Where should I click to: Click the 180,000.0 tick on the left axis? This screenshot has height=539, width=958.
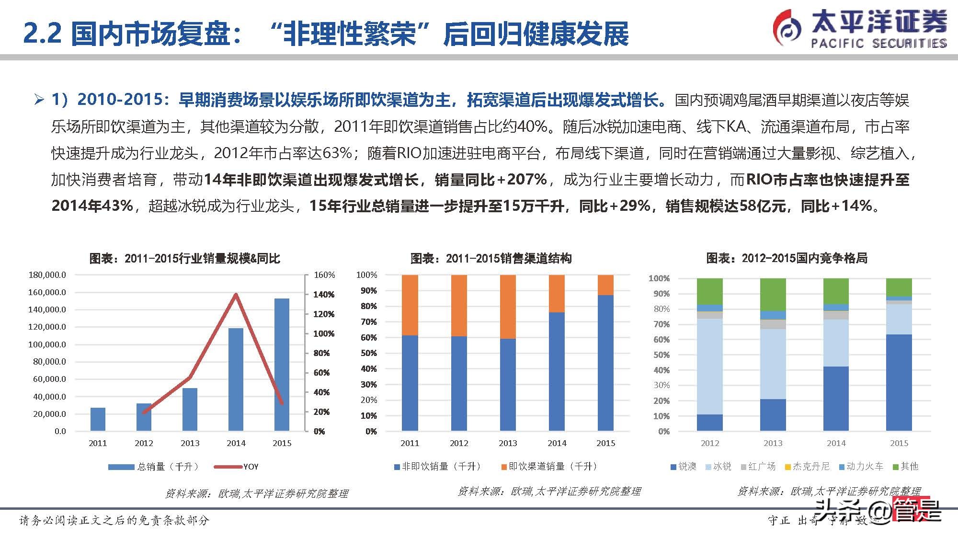[47, 275]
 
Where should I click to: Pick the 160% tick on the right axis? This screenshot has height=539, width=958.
[324, 275]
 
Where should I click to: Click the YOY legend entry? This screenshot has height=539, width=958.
[251, 467]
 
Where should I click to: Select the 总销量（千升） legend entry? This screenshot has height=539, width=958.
[168, 467]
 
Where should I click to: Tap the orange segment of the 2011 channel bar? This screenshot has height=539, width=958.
[410, 305]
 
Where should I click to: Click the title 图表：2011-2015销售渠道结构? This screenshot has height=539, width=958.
[491, 259]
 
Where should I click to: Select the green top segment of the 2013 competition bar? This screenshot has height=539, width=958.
[773, 294]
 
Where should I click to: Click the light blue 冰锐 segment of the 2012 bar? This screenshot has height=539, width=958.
[709, 367]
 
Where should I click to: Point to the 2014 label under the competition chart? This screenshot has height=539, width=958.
[836, 443]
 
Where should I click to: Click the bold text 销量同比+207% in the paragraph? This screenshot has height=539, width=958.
[490, 180]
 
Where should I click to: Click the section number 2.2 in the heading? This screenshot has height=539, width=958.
[42, 34]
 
